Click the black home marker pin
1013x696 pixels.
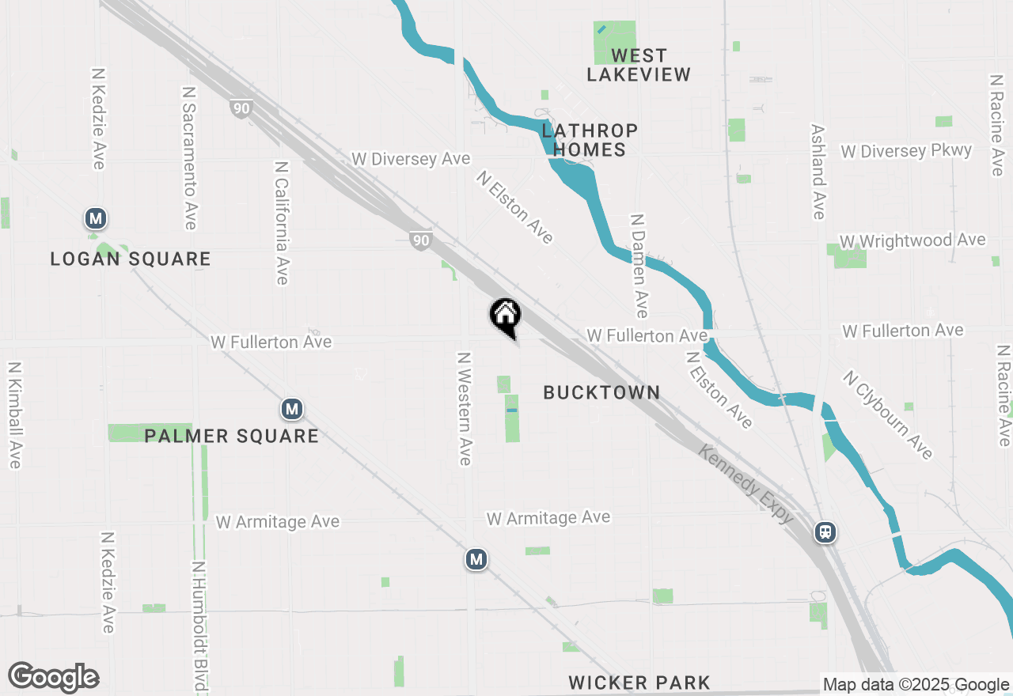point(506,316)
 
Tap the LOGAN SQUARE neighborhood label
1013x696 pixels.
point(131,259)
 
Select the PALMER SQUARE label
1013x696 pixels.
point(231,436)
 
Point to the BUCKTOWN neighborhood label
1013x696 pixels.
point(601,392)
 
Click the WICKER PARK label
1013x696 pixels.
point(639,683)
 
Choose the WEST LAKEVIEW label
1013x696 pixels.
point(639,65)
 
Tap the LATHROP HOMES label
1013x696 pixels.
point(590,140)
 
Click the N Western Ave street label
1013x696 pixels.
point(465,408)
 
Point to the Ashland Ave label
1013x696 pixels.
point(818,172)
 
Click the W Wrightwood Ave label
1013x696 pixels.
point(912,240)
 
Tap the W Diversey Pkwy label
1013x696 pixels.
point(906,150)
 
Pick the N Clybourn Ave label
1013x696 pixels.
point(888,415)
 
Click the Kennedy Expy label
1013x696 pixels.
point(746,483)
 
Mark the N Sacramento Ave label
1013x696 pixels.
point(189,158)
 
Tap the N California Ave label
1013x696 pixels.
point(281,223)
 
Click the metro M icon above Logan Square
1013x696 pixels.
point(96,218)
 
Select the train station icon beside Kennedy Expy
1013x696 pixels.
point(825,532)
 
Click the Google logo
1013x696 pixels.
point(54,678)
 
